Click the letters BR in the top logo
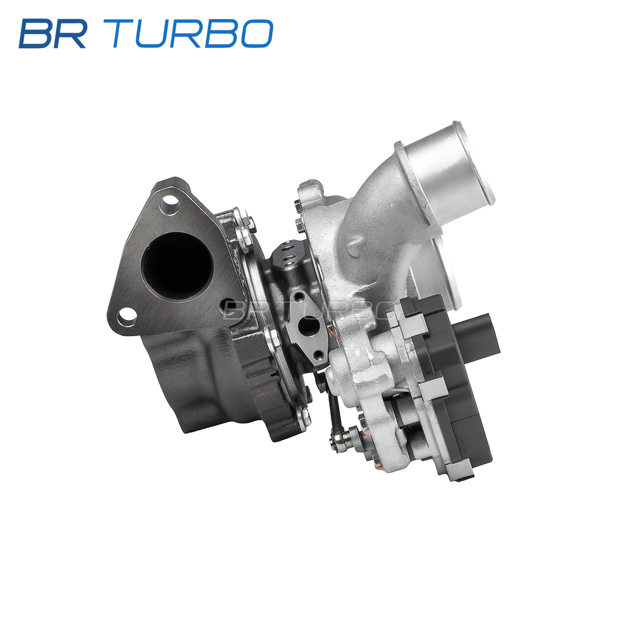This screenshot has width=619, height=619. (x=53, y=34)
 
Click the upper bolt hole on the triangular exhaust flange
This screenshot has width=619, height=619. (x=169, y=203)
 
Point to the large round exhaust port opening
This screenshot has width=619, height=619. (x=177, y=265)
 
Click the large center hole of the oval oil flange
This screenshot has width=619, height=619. (x=309, y=325)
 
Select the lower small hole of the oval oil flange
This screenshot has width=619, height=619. (x=319, y=355)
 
